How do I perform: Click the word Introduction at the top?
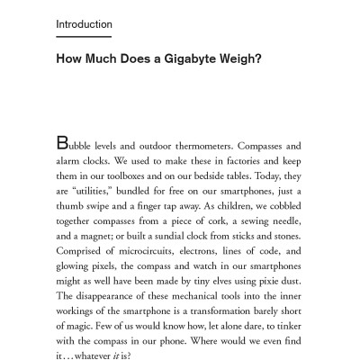[x=84, y=24]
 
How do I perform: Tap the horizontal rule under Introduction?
[x=84, y=36]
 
